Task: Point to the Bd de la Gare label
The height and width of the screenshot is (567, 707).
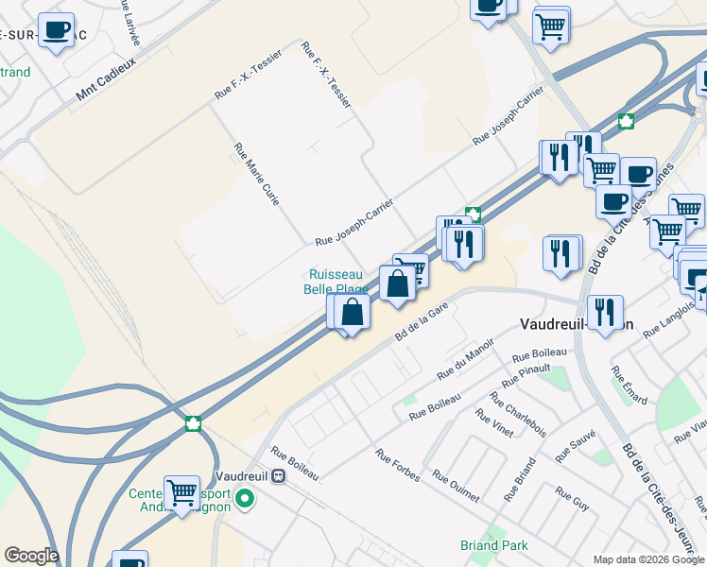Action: pyautogui.click(x=421, y=320)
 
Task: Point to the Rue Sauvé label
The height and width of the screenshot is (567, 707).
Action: pyautogui.click(x=576, y=445)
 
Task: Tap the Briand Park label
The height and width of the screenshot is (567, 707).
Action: pyautogui.click(x=494, y=545)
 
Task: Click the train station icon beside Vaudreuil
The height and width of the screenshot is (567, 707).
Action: pyautogui.click(x=278, y=475)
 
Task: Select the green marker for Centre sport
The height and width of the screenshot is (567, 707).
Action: pyautogui.click(x=245, y=498)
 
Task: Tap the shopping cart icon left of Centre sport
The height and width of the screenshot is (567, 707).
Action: pyautogui.click(x=181, y=491)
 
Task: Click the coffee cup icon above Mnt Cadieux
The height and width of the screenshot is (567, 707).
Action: pyautogui.click(x=57, y=29)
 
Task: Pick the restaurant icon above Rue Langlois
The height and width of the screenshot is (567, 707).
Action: pyautogui.click(x=602, y=311)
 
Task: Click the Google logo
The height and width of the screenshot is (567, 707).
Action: pyautogui.click(x=31, y=556)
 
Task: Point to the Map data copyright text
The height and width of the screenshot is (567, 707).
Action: pyautogui.click(x=649, y=559)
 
